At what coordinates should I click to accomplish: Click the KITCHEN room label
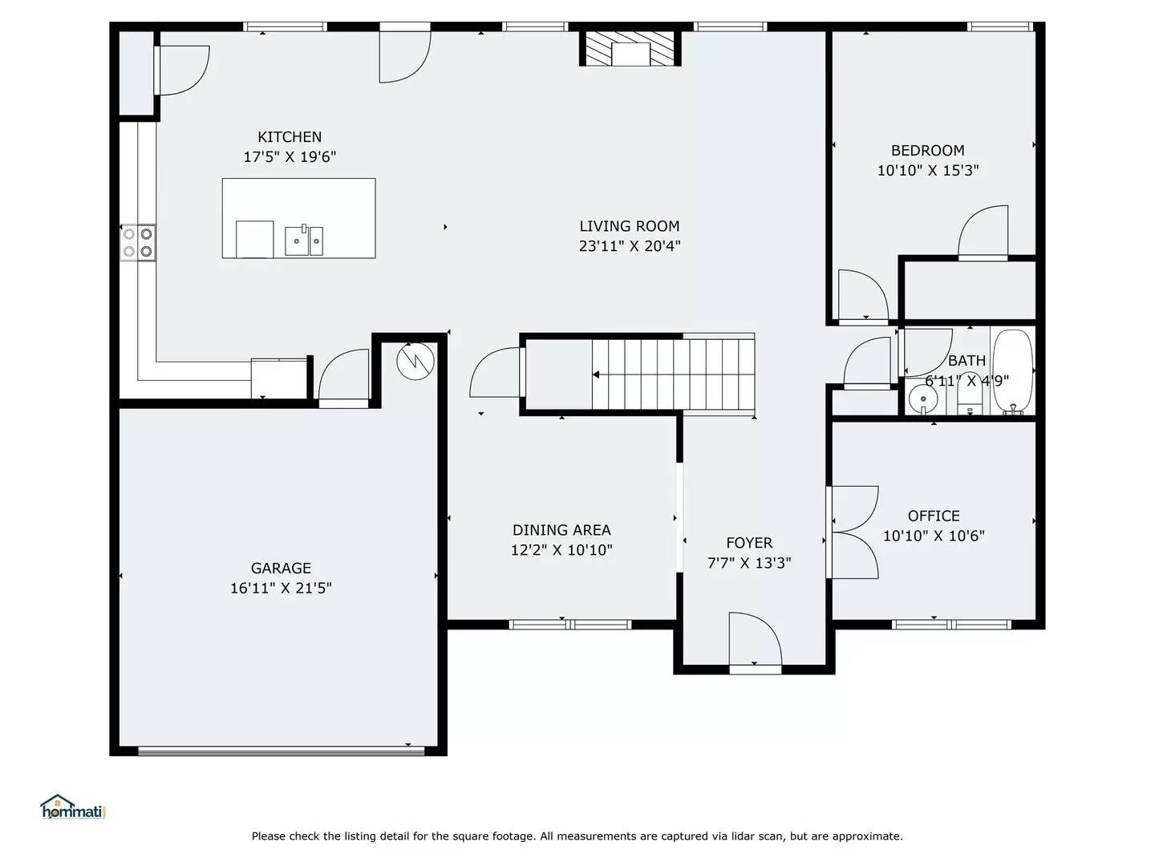pos(290,137)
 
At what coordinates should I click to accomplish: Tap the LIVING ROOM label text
pos(630,226)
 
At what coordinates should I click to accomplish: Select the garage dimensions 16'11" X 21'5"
pos(281,588)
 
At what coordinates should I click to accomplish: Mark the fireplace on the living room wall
pos(630,50)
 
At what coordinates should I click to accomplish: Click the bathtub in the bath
pos(1013,371)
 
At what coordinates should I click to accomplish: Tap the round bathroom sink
pos(923,399)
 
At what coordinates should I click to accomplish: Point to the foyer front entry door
pos(755,641)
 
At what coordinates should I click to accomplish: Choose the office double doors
pos(853,532)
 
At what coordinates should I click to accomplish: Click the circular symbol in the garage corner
pos(415,361)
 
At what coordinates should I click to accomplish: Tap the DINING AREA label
pos(561,530)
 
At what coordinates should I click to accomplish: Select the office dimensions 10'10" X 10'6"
pos(934,536)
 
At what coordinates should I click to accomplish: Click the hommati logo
pos(72,807)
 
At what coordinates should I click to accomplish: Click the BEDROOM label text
pos(928,151)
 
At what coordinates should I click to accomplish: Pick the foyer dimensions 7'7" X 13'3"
pos(749,563)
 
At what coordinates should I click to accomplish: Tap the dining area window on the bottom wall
pos(570,624)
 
